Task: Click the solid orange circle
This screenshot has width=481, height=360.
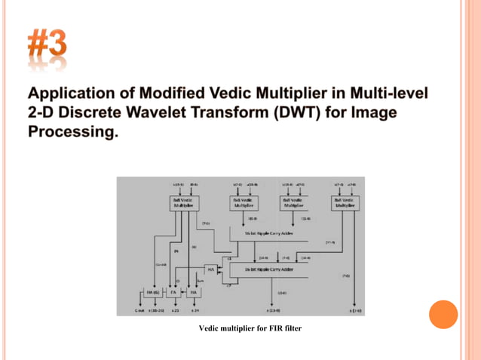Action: [443, 314]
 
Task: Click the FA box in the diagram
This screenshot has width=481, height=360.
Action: [173, 291]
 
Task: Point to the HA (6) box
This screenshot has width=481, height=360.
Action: [151, 291]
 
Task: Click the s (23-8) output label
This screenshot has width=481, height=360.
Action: [273, 310]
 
